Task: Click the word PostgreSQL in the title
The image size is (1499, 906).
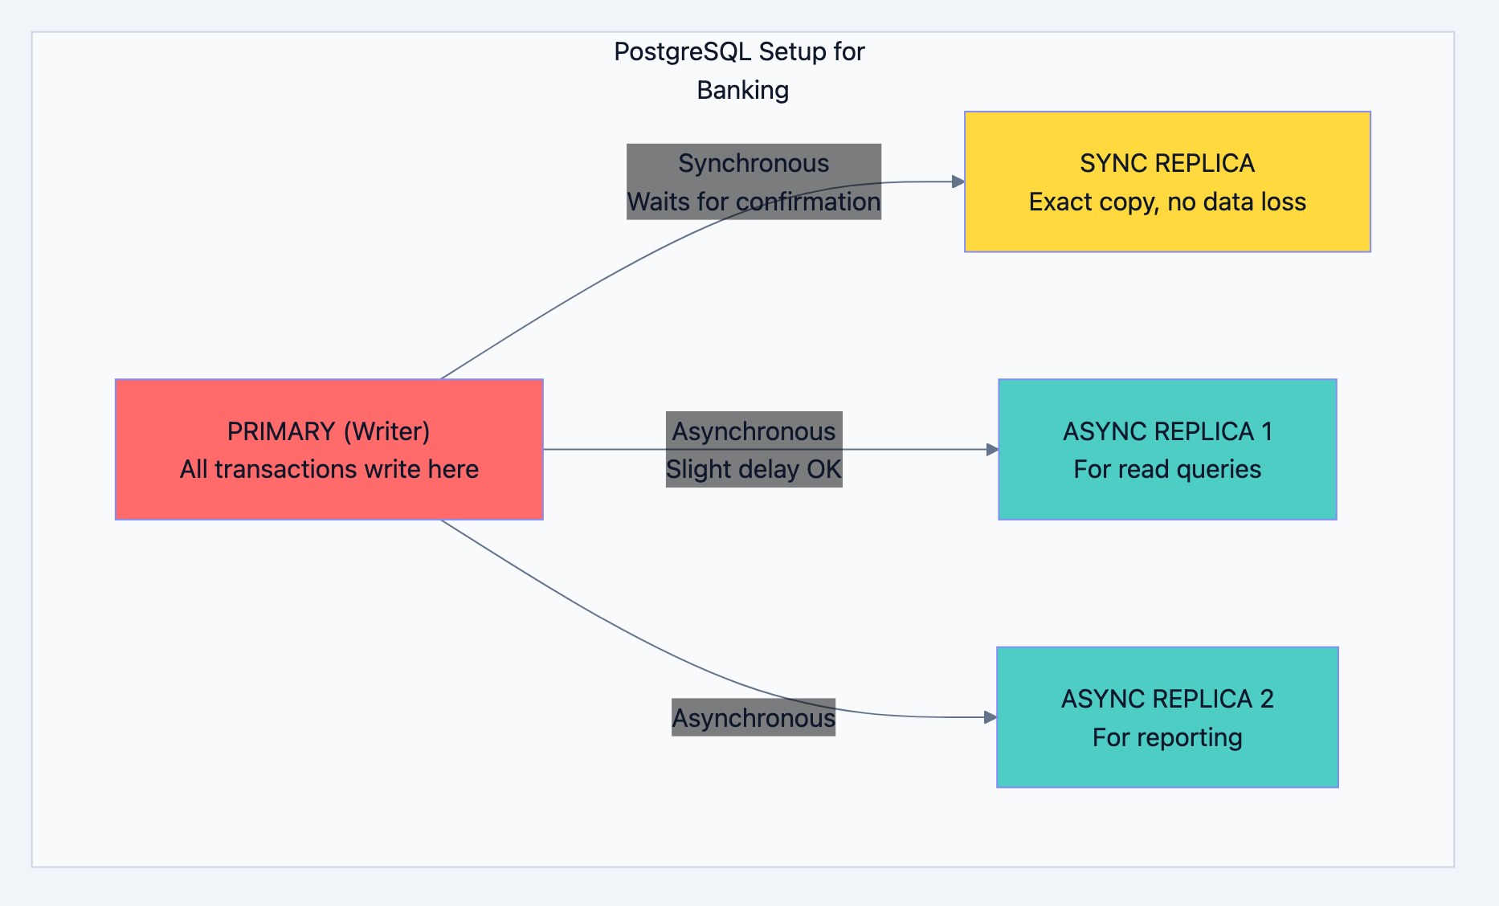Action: click(682, 52)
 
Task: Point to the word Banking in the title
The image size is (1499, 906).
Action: click(742, 90)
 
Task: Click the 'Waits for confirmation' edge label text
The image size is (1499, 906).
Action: click(753, 202)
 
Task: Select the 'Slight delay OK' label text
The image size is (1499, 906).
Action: click(753, 469)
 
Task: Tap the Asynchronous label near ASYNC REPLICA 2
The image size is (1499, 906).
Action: click(753, 717)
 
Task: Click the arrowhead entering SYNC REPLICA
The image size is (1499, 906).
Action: click(958, 182)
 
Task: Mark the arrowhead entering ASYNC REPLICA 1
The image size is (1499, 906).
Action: click(992, 449)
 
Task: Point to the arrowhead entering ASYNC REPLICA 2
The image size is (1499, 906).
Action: click(990, 716)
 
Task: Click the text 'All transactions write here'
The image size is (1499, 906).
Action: click(329, 469)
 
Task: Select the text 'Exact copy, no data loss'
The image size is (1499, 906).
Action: click(1167, 202)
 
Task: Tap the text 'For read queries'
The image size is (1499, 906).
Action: click(1167, 469)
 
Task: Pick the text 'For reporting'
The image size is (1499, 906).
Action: click(1167, 737)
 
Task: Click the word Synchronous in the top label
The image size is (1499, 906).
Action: click(753, 163)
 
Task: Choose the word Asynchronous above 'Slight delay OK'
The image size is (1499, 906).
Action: click(753, 431)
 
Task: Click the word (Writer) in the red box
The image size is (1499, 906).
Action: click(386, 431)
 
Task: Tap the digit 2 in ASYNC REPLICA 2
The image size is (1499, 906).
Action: click(1266, 699)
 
